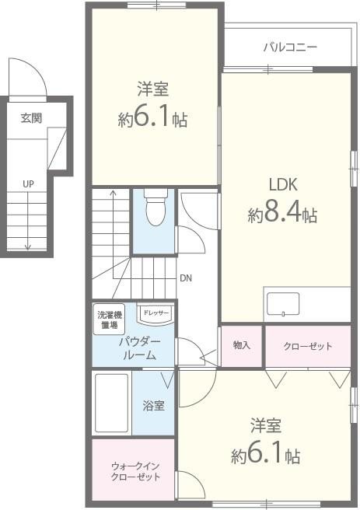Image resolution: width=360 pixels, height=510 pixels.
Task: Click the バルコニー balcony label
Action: click(x=289, y=47)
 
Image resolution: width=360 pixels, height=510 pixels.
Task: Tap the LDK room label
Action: click(x=284, y=185)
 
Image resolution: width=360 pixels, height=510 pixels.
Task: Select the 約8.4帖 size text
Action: click(x=282, y=215)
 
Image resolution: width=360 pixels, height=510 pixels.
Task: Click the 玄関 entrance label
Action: click(x=32, y=118)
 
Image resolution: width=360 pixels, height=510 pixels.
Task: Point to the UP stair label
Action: click(x=28, y=184)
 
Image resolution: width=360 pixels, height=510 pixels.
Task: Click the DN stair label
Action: click(x=185, y=278)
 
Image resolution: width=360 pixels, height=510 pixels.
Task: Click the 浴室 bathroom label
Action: click(x=153, y=405)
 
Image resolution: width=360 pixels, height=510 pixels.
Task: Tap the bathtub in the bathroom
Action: click(x=111, y=403)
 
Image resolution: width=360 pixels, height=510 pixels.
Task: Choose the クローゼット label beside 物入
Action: click(x=308, y=346)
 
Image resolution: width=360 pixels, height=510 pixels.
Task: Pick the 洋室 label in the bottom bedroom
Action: click(x=265, y=425)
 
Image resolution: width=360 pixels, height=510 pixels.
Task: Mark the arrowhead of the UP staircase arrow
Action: click(x=28, y=246)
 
